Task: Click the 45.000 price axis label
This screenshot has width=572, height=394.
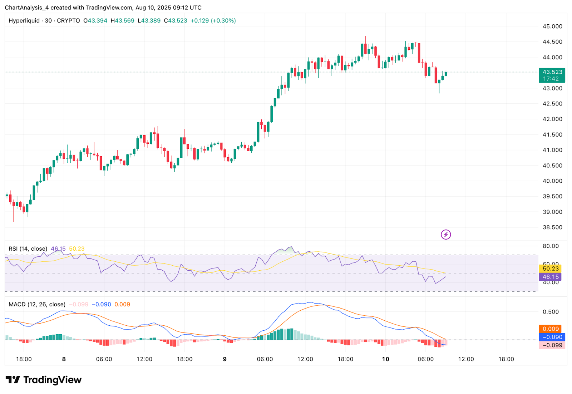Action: click(552, 26)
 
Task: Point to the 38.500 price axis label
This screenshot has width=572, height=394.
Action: click(552, 227)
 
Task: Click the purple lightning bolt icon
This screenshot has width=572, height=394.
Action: click(446, 235)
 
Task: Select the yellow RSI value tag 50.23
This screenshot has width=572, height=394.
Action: click(550, 269)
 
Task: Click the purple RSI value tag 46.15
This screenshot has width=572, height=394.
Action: click(550, 277)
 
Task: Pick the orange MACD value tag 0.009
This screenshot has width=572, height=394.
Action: click(550, 329)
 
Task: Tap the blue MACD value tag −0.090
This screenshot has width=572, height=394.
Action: click(552, 337)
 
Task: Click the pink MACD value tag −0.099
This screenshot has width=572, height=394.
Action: click(552, 345)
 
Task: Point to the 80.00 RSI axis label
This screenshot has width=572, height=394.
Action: click(551, 246)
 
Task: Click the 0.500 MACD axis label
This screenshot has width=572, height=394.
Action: click(551, 312)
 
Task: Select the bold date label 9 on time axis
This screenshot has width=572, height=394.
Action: click(225, 359)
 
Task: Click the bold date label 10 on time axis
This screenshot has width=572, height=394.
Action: click(385, 359)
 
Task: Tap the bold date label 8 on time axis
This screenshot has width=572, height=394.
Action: click(64, 359)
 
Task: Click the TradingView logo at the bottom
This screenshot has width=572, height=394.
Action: click(44, 380)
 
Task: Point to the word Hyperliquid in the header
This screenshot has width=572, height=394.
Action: click(24, 21)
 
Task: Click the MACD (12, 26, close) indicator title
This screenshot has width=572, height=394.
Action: click(37, 304)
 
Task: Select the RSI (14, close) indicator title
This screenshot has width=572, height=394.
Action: click(28, 249)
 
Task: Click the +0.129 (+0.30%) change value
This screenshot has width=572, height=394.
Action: click(213, 21)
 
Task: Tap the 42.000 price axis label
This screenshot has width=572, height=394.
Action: click(552, 119)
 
